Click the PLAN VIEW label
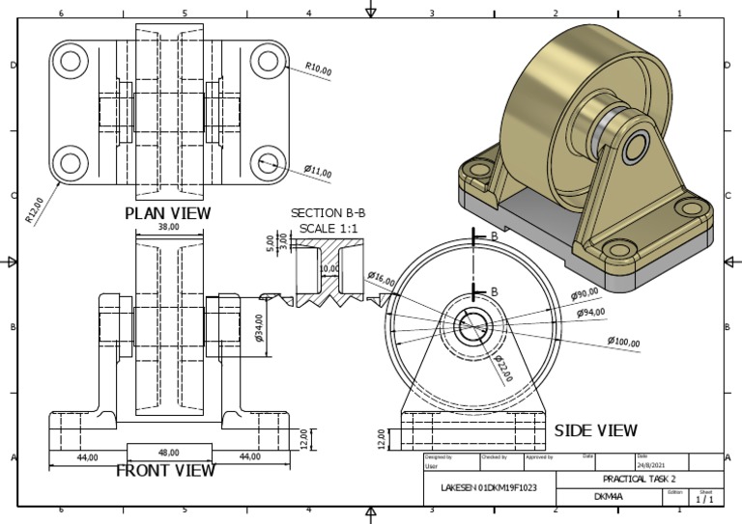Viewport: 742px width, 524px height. pyautogui.click(x=168, y=212)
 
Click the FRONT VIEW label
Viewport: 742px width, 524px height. pyautogui.click(x=165, y=471)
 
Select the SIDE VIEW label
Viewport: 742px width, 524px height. pyautogui.click(x=595, y=430)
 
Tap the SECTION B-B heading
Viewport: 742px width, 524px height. pyautogui.click(x=328, y=213)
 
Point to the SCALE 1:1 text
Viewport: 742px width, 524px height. pyautogui.click(x=328, y=228)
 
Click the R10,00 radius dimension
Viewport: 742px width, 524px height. pyautogui.click(x=319, y=69)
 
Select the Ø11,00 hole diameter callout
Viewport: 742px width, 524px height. pyautogui.click(x=318, y=172)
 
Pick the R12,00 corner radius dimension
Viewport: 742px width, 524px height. pyautogui.click(x=35, y=209)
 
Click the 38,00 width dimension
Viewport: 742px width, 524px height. pyautogui.click(x=169, y=228)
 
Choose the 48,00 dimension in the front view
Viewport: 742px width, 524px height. pyautogui.click(x=170, y=452)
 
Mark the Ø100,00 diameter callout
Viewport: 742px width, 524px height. pyautogui.click(x=624, y=341)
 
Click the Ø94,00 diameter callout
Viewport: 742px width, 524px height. pyautogui.click(x=591, y=313)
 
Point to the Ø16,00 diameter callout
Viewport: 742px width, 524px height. pyautogui.click(x=382, y=278)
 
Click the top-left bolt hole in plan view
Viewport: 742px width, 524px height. pyautogui.click(x=71, y=62)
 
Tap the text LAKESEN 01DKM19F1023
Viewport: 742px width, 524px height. pyautogui.click(x=489, y=488)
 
